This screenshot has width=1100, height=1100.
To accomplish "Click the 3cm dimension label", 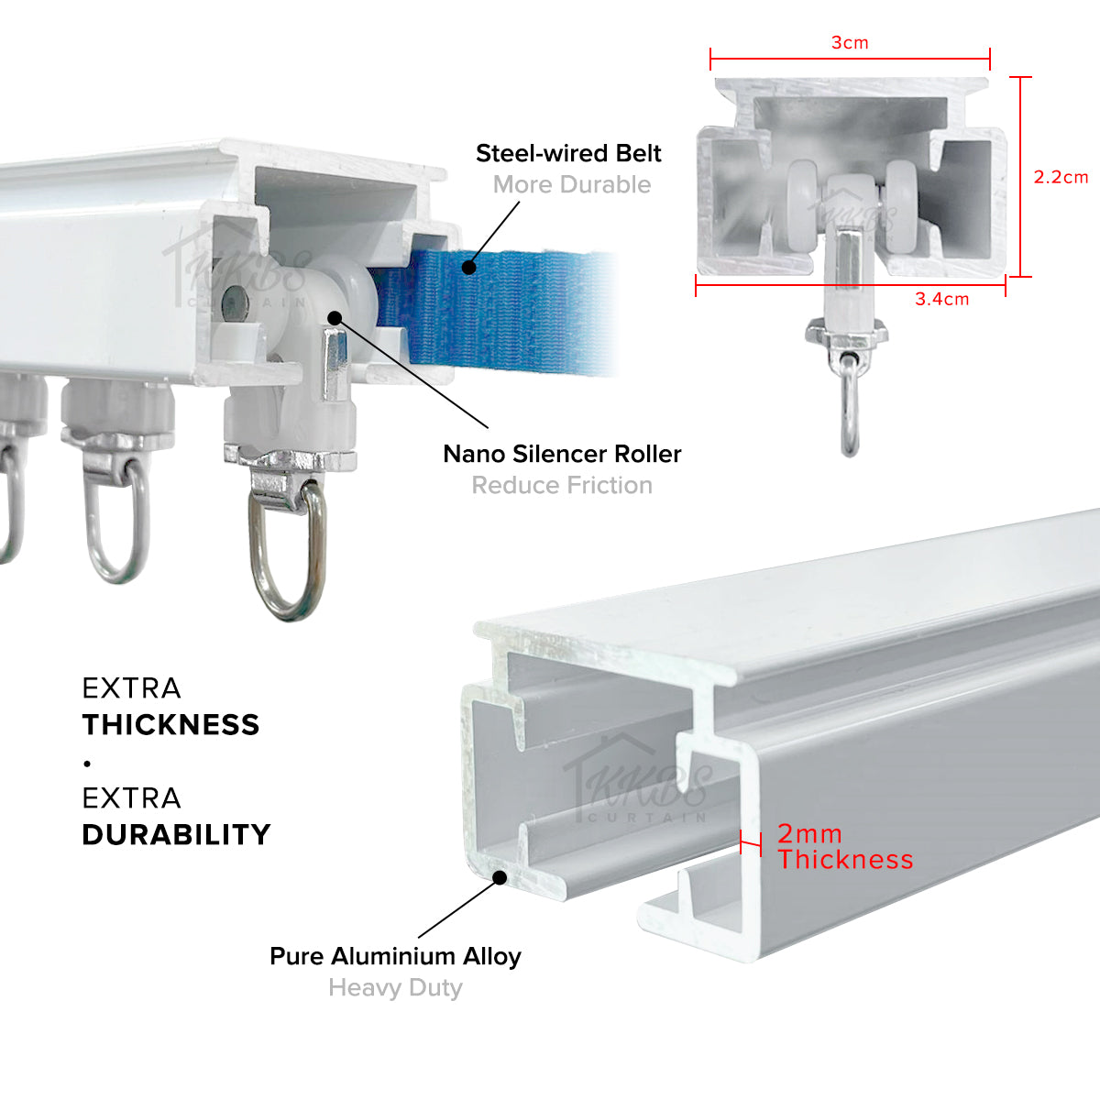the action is coord(850,43).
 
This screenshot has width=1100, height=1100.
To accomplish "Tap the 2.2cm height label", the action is coord(1061,177).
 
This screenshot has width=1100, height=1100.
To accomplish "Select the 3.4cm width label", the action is coord(942,299).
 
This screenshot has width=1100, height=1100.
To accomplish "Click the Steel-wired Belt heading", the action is coord(568,153).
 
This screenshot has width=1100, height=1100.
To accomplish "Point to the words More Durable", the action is coord(572,184).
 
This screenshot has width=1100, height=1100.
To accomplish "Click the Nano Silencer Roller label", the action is coord(562,454).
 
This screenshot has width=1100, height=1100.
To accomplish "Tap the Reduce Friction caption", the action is coord(562,485).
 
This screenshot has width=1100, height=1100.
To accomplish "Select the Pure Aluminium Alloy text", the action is coord(396,956).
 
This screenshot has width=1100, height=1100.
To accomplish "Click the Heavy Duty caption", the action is coord(396,987).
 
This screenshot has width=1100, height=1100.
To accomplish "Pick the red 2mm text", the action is coord(810,834).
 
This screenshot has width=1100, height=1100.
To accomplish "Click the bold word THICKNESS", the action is coord(170,724).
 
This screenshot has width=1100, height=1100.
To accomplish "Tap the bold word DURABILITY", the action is coord(176,834).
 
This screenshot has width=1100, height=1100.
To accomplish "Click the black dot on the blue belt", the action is coord(468,267).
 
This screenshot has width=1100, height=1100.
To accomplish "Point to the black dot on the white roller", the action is coord(335,318).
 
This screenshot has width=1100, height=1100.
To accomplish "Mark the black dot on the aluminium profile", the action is coord(500,877).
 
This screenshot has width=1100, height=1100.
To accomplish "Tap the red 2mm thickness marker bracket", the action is coord(750,842).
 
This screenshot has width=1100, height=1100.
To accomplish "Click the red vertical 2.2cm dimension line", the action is coord(1020,176).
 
